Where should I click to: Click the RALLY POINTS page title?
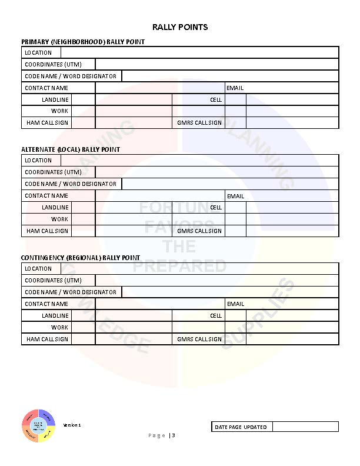pos(180,27)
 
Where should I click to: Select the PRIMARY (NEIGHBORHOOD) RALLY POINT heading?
pos(83,42)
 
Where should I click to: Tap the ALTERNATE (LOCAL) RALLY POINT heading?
pos(71,149)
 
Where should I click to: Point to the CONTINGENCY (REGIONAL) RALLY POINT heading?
pos(81,258)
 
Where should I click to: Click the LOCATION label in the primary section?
pos(38,52)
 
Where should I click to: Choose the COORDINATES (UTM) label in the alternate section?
pos(53,172)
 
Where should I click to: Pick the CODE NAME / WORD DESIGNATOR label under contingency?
pos(71,292)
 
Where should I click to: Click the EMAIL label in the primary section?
pos(235,88)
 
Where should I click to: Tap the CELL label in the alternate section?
pos(216,207)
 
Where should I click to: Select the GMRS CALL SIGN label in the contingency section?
pos(199,339)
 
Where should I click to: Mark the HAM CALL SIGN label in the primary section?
pos(46,122)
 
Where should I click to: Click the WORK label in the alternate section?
pos(59,219)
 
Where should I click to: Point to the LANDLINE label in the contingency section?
pos(55,315)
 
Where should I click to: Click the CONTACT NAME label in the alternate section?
pos(46,195)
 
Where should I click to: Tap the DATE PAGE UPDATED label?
pos(241,427)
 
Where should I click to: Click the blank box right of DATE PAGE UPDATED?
pos(305,427)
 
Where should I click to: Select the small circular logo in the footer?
pos(39,425)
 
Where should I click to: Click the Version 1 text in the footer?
pos(72,425)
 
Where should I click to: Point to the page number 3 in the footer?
pos(174,435)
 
